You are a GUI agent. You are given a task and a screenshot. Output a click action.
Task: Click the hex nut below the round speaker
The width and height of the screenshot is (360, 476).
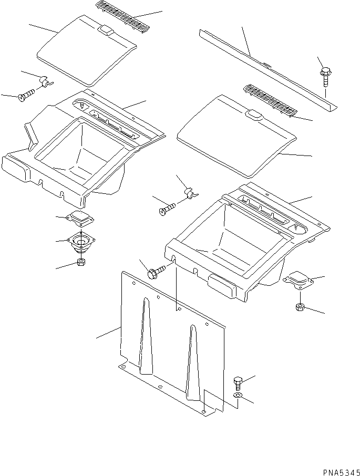tap(82, 263)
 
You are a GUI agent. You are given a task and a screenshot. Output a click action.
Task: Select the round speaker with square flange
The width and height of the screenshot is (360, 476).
tap(81, 242)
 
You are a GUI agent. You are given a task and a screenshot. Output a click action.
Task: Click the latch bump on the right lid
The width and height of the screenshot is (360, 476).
tap(254, 115)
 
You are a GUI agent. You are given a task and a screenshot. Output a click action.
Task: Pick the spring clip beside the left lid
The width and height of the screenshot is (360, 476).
tap(44, 81)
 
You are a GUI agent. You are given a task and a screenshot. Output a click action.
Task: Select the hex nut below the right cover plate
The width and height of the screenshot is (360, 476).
tap(300, 307)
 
